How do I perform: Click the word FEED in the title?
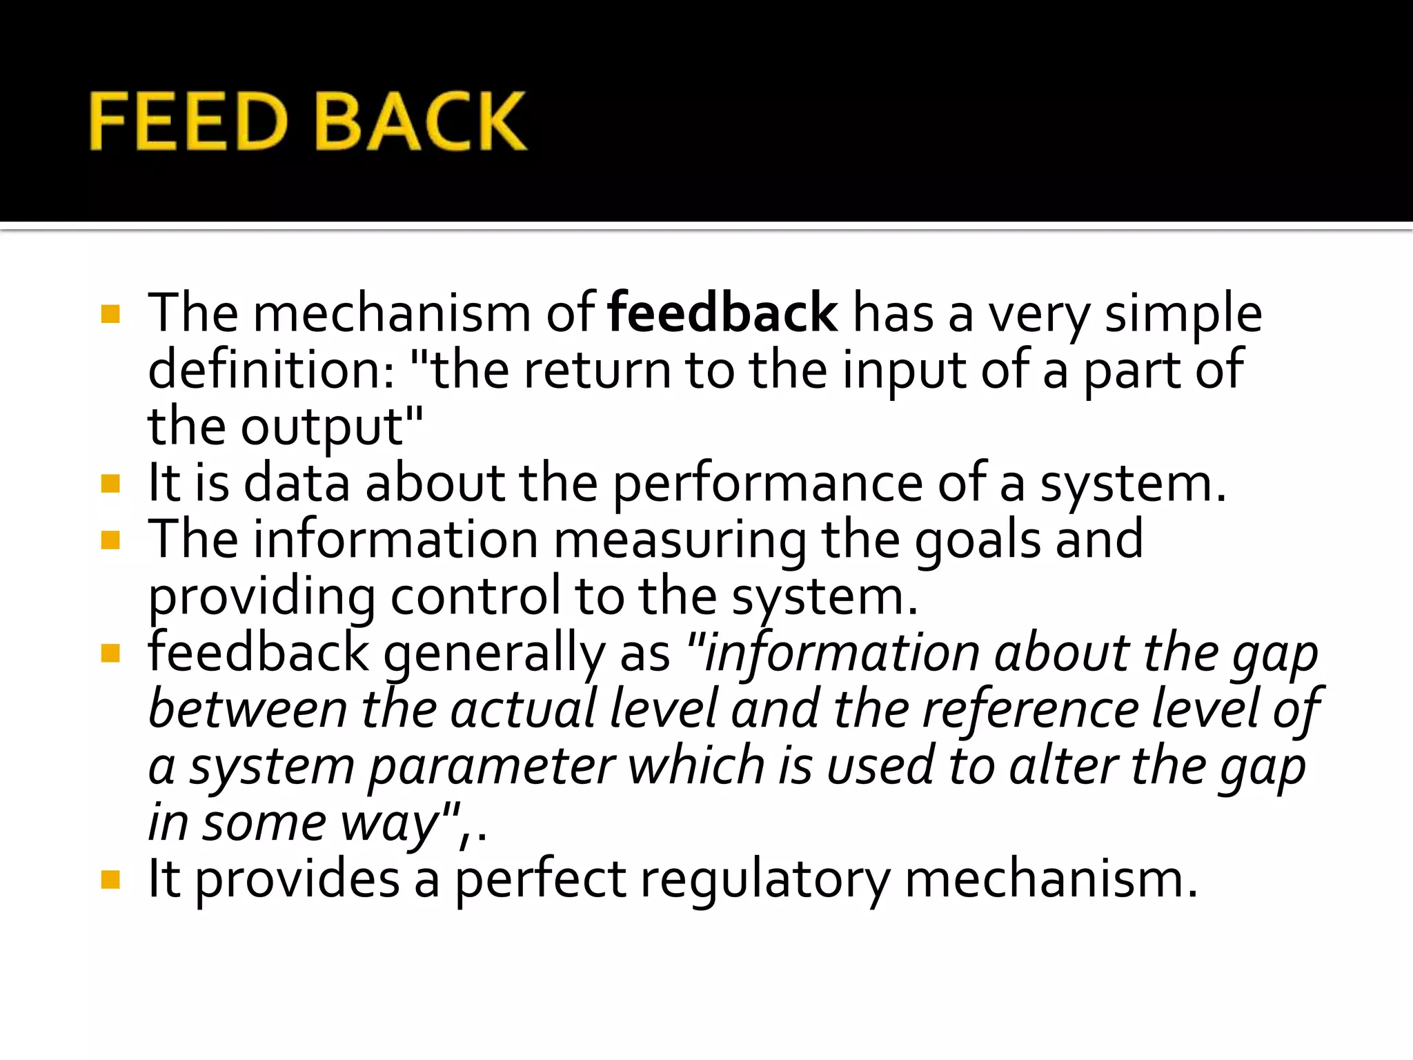pyautogui.click(x=188, y=121)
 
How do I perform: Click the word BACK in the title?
pyautogui.click(x=420, y=121)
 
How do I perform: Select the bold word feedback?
pyautogui.click(x=722, y=314)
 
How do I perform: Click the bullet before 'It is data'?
pyautogui.click(x=110, y=484)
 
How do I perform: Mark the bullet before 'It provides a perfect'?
pyautogui.click(x=110, y=880)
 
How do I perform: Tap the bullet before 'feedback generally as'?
pyautogui.click(x=110, y=653)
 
